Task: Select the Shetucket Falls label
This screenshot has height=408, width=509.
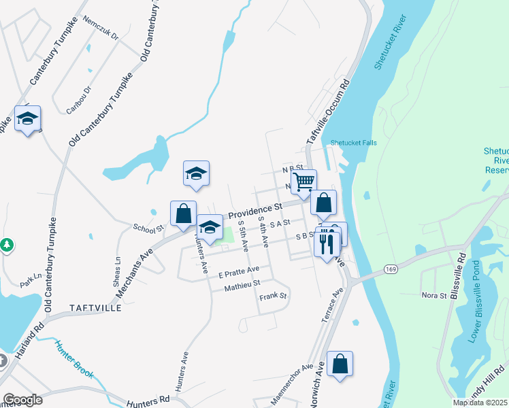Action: pos(353,143)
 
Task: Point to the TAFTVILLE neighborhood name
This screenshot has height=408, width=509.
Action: pos(95,308)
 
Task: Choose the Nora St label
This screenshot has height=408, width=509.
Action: pos(433,295)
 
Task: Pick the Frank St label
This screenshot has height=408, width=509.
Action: pos(274,296)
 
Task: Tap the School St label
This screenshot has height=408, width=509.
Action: pos(149,228)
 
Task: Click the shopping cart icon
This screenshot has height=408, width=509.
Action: pos(304,180)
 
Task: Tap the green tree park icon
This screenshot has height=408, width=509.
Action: pos(6,243)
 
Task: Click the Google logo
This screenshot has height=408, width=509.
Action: pos(23,399)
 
